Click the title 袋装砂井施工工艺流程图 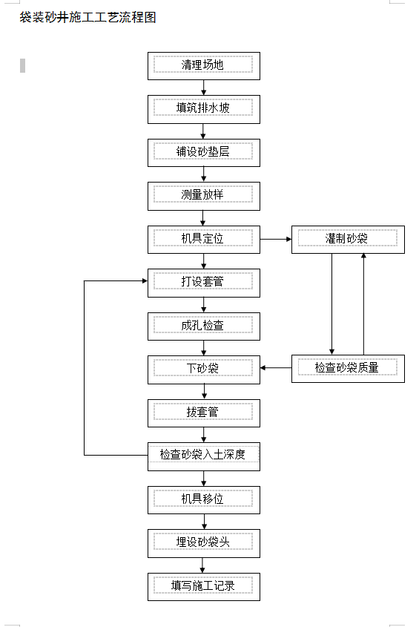tap(88, 17)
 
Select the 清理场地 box tap(204, 66)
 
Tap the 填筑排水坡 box tap(204, 109)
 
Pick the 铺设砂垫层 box tap(204, 153)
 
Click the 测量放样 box tap(204, 196)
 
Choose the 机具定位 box tap(204, 240)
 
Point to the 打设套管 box tap(204, 283)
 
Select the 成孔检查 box tap(204, 326)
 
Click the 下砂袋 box tap(204, 370)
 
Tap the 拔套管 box tap(204, 413)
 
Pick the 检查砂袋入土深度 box tap(204, 456)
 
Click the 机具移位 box tap(204, 500)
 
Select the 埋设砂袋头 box tap(204, 543)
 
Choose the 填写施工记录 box tap(204, 587)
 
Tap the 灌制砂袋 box tap(348, 240)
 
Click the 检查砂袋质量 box tap(348, 369)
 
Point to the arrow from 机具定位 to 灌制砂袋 tap(276, 239)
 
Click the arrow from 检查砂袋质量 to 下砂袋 tap(276, 367)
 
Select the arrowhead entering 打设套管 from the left tap(145, 280)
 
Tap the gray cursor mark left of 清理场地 tap(22, 65)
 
